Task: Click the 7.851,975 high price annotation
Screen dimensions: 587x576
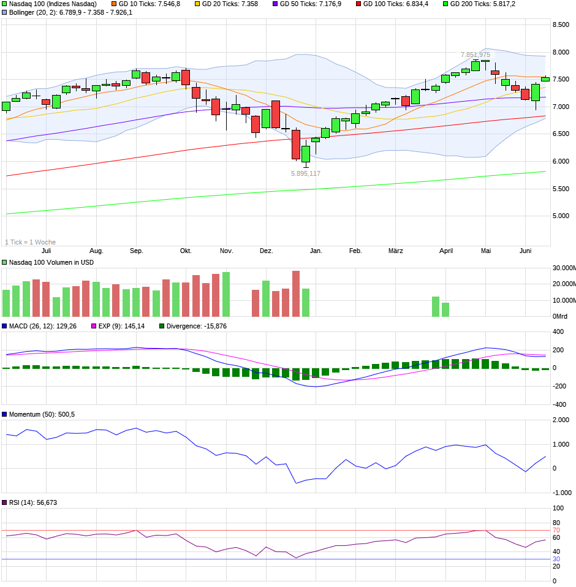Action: coord(476,55)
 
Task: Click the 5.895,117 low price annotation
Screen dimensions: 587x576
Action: coord(305,173)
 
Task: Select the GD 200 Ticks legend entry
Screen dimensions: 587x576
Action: coord(482,4)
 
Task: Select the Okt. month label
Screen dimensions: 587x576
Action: coord(186,251)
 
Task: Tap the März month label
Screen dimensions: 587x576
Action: coord(396,251)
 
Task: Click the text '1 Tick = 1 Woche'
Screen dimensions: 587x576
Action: coord(30,242)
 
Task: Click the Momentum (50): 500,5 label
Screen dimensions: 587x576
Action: coord(42,414)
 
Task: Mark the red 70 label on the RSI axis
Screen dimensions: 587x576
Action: coord(556,530)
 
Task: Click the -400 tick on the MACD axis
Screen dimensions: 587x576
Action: coord(558,404)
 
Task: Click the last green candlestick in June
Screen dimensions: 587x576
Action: coord(545,78)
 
